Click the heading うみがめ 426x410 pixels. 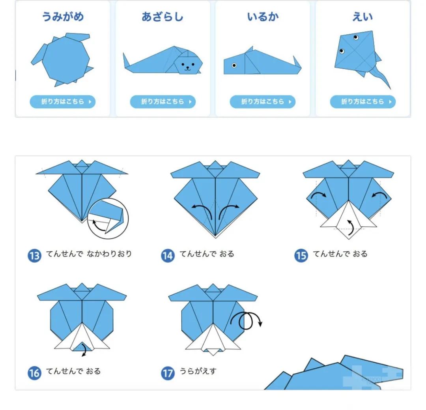tap(63, 17)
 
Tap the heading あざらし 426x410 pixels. tap(163, 17)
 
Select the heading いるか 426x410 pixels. tap(263, 17)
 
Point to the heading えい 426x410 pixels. tap(362, 17)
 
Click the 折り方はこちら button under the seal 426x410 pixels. tap(163, 102)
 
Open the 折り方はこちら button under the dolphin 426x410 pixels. tap(262, 102)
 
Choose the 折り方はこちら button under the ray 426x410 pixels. tap(363, 102)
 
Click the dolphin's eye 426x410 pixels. tap(234, 65)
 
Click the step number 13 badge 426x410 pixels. tap(34, 256)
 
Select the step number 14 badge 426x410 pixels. tap(168, 256)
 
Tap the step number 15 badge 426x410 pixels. tap(301, 256)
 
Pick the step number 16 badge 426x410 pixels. tap(34, 373)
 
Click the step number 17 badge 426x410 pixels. tap(168, 373)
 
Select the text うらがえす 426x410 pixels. tap(198, 371)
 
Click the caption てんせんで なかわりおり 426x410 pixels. tap(89, 254)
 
